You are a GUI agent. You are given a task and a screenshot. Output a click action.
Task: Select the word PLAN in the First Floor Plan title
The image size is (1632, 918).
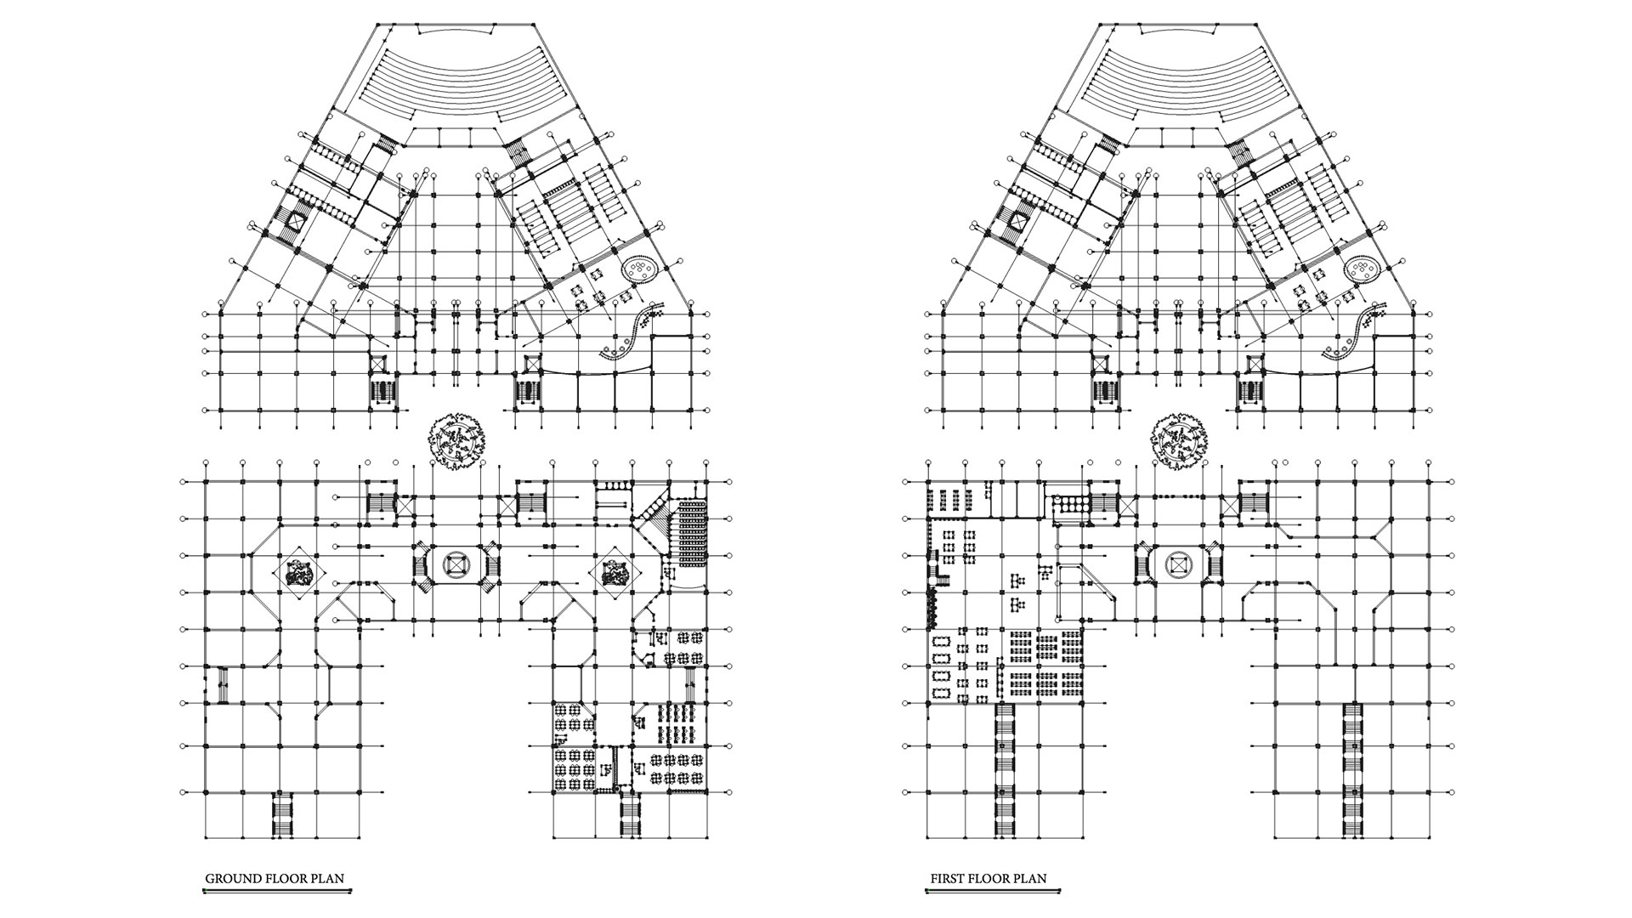tap(1029, 879)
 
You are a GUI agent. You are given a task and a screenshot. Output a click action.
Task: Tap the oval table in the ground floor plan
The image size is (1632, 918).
tap(640, 271)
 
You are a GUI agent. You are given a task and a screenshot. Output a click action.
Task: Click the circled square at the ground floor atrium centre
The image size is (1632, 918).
tap(456, 564)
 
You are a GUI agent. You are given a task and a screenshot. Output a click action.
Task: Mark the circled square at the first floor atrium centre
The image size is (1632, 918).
tap(1179, 564)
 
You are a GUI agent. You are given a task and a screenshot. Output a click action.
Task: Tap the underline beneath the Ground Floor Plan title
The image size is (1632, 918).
tap(277, 892)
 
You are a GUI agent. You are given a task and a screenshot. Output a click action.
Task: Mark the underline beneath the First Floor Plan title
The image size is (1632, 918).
tap(992, 892)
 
